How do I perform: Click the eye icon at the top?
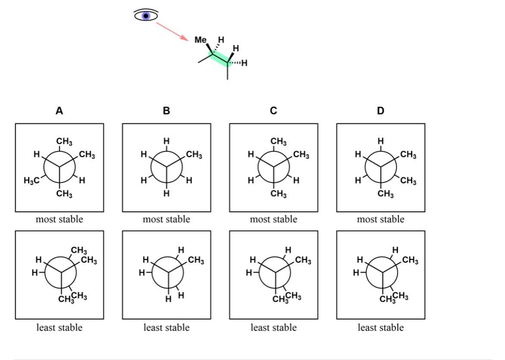pyautogui.click(x=146, y=15)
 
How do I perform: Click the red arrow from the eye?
pyautogui.click(x=173, y=31)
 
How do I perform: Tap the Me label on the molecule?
pyautogui.click(x=200, y=40)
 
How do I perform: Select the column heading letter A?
pyautogui.click(x=59, y=110)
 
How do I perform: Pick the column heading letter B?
pyautogui.click(x=166, y=110)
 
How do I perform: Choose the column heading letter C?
pyautogui.click(x=274, y=110)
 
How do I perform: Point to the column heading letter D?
pyautogui.click(x=380, y=110)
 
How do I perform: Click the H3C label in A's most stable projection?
pyautogui.click(x=31, y=180)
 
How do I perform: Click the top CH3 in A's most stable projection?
pyautogui.click(x=64, y=141)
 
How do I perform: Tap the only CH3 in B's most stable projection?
pyautogui.click(x=194, y=155)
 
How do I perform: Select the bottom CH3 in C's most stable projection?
pyautogui.click(x=279, y=194)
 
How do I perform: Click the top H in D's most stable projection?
pyautogui.click(x=380, y=141)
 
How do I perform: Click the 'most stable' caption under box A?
pyautogui.click(x=59, y=219)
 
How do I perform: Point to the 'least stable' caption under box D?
pyautogui.click(x=380, y=328)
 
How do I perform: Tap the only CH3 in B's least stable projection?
pyautogui.click(x=196, y=260)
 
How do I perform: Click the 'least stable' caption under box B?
pyautogui.click(x=166, y=328)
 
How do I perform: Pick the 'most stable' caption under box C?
pyautogui.click(x=274, y=219)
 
